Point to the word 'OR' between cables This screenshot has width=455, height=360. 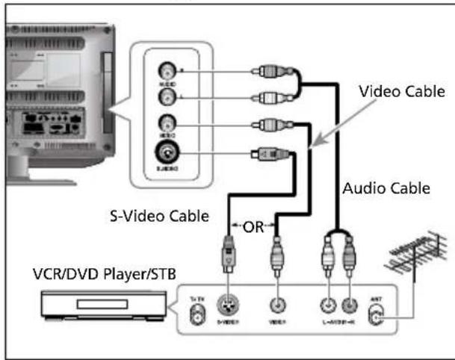tap(254, 226)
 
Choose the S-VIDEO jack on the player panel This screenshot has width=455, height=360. tap(225, 306)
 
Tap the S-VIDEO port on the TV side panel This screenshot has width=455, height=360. tap(165, 156)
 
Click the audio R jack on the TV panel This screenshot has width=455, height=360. tap(165, 73)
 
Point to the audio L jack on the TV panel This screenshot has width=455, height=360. tap(165, 96)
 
